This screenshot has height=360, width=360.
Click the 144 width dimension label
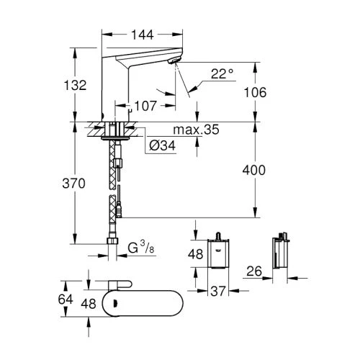143,35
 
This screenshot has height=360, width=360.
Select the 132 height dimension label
75,85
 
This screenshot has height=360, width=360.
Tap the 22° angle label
222,74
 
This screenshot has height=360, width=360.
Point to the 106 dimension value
255,92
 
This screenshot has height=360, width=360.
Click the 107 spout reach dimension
145,106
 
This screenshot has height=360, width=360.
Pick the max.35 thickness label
196,130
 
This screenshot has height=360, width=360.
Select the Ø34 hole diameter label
163,145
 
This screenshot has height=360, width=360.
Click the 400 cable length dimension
254,170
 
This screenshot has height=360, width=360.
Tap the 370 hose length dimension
73,184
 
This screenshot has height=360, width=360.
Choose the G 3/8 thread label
141,247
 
